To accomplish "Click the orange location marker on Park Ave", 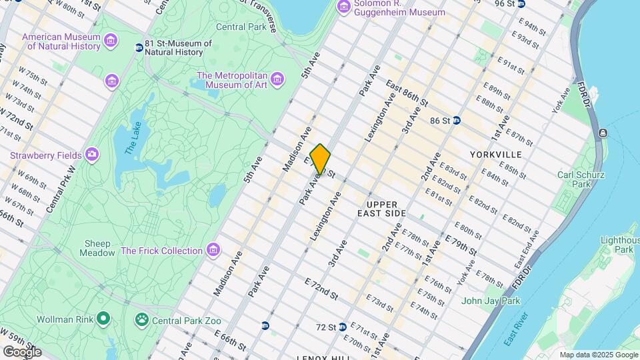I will pyautogui.click(x=320, y=159).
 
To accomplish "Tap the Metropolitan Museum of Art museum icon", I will pyautogui.click(x=277, y=80).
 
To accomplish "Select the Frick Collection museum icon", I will pyautogui.click(x=213, y=251).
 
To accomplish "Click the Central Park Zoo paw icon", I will pyautogui.click(x=141, y=320).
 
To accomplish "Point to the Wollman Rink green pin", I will pyautogui.click(x=102, y=319).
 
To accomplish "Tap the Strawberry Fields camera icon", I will pyautogui.click(x=91, y=155).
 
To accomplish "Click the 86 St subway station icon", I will pyautogui.click(x=457, y=121).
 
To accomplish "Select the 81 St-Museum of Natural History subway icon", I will pyautogui.click(x=139, y=48).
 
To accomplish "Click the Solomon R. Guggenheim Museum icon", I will pyautogui.click(x=344, y=7).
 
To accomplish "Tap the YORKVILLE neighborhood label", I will pyautogui.click(x=495, y=155).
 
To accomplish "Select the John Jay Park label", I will pyautogui.click(x=491, y=301).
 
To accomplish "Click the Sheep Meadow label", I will pyautogui.click(x=97, y=248).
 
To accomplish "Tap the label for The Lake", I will pyautogui.click(x=133, y=138).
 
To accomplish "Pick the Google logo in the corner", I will pyautogui.click(x=22, y=351).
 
